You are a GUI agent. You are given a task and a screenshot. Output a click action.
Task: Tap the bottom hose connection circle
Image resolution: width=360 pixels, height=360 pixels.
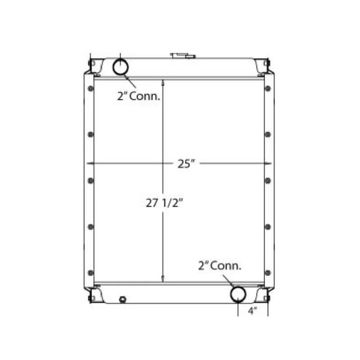[238, 294]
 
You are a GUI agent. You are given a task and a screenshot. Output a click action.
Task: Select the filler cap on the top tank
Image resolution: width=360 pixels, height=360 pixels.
[183, 55]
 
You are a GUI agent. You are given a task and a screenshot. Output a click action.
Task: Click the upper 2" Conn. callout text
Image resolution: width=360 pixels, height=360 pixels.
[139, 96]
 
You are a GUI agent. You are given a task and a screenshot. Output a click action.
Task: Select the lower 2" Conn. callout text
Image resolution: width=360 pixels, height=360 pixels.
[219, 265]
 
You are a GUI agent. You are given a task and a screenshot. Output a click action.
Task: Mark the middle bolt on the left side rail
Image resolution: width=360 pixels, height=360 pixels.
[91, 181]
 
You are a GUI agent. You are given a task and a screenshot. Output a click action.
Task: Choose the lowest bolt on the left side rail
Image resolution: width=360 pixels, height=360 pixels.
[91, 272]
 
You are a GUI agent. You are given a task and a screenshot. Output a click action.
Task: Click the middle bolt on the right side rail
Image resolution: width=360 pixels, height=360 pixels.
[267, 181]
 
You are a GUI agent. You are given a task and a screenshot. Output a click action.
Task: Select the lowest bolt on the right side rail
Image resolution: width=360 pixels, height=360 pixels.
[267, 272]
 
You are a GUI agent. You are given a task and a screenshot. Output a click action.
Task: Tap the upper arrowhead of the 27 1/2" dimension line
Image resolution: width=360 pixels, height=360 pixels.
[163, 82]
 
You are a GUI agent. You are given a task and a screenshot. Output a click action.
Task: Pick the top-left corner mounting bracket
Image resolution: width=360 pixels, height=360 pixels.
[92, 66]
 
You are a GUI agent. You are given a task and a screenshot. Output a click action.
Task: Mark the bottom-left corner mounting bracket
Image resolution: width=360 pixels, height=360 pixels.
[92, 294]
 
